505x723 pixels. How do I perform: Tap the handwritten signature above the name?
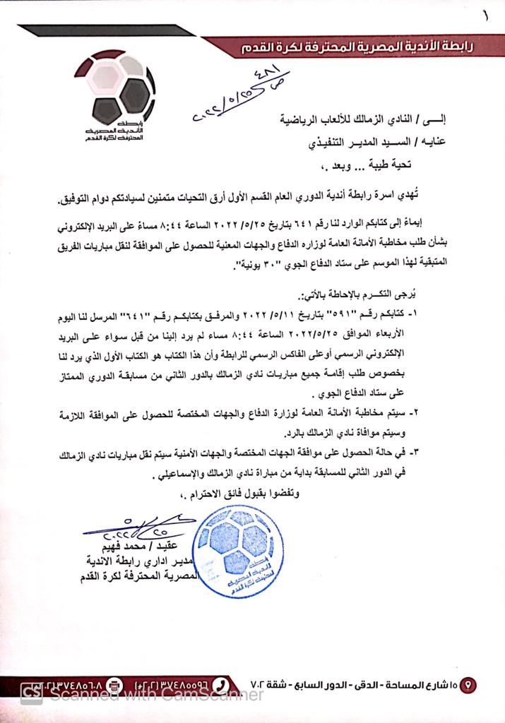coord(134,526)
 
